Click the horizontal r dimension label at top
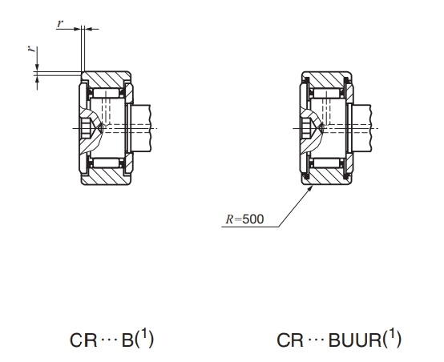point(59,23)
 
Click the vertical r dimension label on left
point(32,49)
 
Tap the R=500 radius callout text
point(244,219)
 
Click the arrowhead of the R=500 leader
point(310,187)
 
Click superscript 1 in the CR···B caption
point(144,334)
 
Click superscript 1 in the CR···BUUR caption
point(392,334)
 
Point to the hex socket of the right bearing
point(306,128)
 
